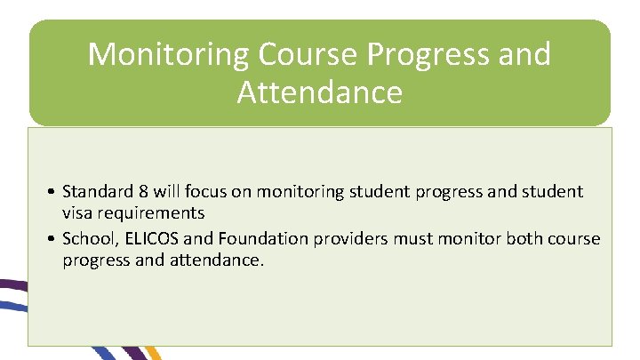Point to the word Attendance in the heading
click(x=320, y=92)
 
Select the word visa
click(x=77, y=213)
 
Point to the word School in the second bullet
click(x=87, y=240)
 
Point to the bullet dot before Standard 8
click(x=54, y=192)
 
